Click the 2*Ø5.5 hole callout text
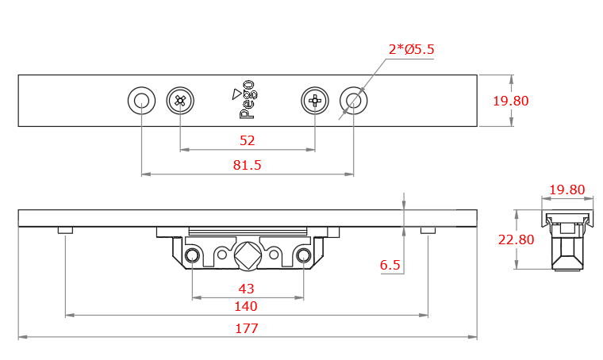point(411,49)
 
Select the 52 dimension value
point(247,140)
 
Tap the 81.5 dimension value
point(247,165)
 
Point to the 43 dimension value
point(247,289)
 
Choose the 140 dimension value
point(247,306)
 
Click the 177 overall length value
point(247,328)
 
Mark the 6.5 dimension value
point(390,265)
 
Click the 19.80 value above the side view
point(567,190)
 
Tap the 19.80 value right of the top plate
point(510,101)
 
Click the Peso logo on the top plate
point(248,100)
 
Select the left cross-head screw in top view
point(180,101)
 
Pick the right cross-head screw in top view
point(315,101)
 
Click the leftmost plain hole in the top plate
point(141,101)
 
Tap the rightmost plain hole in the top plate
point(353,101)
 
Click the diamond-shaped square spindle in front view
point(247,255)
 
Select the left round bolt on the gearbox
point(192,255)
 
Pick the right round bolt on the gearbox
point(303,255)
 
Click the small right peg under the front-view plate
point(428,230)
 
